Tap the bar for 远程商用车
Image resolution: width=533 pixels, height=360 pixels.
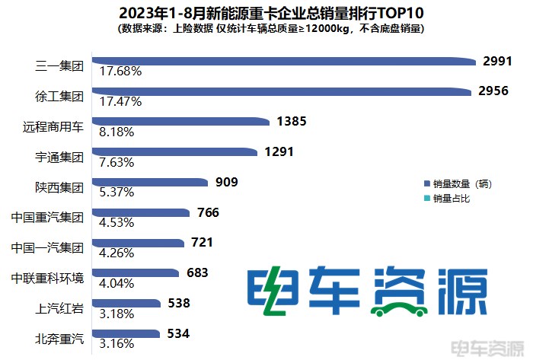181,121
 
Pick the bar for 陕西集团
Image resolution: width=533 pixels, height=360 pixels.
150,182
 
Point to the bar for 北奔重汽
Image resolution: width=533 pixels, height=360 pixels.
126,333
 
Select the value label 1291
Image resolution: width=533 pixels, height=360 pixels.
279,152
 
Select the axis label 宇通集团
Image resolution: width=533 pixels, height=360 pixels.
59,158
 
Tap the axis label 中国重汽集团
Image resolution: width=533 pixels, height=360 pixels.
47,218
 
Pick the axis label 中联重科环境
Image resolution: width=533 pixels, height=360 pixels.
47,279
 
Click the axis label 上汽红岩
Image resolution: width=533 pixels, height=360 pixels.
59,309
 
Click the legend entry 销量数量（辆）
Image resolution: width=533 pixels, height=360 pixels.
463,183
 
